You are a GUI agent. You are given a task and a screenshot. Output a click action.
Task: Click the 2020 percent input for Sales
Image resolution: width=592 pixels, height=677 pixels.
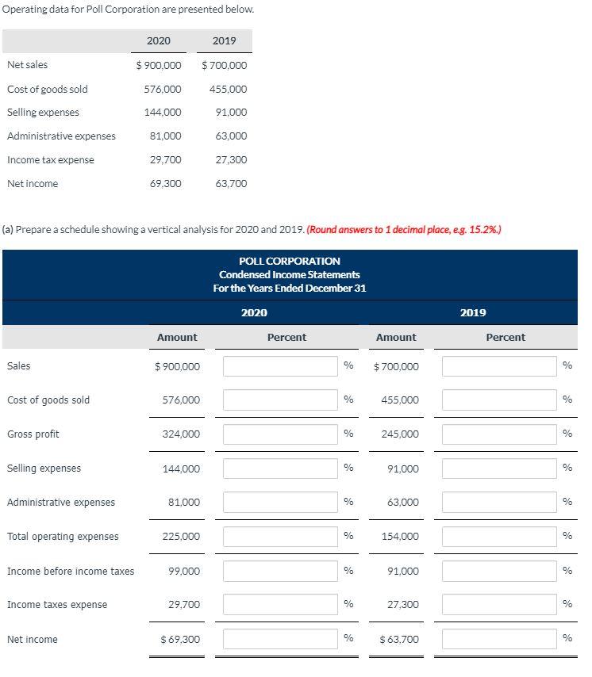pyautogui.click(x=281, y=366)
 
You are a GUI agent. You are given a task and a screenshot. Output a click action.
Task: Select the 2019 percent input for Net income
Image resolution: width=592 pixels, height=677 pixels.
pyautogui.click(x=500, y=639)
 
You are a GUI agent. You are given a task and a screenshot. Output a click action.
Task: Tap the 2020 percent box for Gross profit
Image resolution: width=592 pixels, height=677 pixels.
pyautogui.click(x=281, y=434)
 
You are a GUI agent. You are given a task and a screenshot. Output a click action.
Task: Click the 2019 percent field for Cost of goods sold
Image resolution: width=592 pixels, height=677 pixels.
pyautogui.click(x=500, y=400)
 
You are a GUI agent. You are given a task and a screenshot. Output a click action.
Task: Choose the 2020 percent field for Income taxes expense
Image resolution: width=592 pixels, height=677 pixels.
pyautogui.click(x=281, y=605)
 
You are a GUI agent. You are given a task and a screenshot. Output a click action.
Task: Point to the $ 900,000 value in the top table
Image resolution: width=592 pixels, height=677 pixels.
pyautogui.click(x=158, y=65)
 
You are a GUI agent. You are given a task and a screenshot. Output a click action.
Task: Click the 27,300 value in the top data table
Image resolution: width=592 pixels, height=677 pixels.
pyautogui.click(x=231, y=160)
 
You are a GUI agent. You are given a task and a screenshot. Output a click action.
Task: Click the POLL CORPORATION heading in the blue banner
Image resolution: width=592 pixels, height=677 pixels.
pyautogui.click(x=290, y=261)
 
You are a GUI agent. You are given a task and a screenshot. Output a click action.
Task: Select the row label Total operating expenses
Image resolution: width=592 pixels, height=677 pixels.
pyautogui.click(x=63, y=537)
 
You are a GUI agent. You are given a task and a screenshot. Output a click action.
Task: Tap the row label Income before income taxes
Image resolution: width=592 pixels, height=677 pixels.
pyautogui.click(x=71, y=571)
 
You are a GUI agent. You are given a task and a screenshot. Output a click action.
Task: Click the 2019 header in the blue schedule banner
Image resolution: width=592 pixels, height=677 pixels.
pyautogui.click(x=473, y=312)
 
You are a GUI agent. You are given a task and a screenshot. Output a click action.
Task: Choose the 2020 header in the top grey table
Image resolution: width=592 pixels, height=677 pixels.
pyautogui.click(x=158, y=40)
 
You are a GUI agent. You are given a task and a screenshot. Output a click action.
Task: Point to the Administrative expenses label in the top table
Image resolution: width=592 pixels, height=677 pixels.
pyautogui.click(x=61, y=136)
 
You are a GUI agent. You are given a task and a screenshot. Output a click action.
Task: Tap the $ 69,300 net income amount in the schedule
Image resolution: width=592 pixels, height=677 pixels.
pyautogui.click(x=180, y=639)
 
